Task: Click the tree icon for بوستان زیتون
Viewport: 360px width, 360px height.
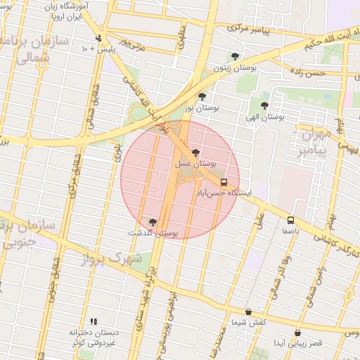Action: coord(234,56)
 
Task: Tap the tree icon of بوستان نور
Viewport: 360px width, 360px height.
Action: coord(202,96)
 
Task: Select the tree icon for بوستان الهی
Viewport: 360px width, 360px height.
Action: coord(264,105)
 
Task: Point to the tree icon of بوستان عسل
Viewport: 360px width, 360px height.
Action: coord(195,153)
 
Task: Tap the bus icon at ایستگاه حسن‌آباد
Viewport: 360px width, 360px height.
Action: coord(224,181)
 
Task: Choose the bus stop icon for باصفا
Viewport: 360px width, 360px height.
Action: coord(291,219)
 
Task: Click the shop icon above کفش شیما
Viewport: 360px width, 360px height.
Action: coord(248,311)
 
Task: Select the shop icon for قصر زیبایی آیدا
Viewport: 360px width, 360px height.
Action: coord(297,333)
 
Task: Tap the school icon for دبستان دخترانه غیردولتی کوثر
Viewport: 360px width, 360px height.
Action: coord(94,321)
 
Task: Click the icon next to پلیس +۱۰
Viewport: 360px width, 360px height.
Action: coord(98,38)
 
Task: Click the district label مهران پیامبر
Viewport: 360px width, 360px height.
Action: coord(312,142)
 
